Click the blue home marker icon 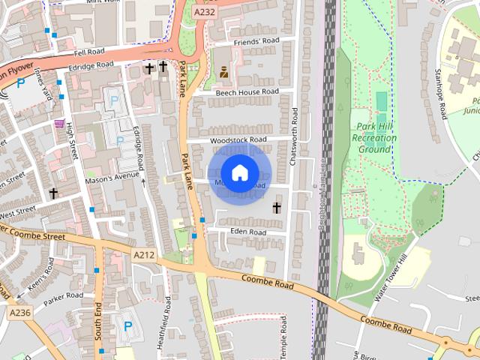[x=239, y=173]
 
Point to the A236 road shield [x=21, y=311]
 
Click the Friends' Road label [x=256, y=41]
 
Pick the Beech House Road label [x=247, y=92]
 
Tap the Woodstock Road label [x=238, y=139]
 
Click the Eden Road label [x=248, y=232]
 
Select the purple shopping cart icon [x=59, y=123]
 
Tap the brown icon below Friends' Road [x=223, y=72]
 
